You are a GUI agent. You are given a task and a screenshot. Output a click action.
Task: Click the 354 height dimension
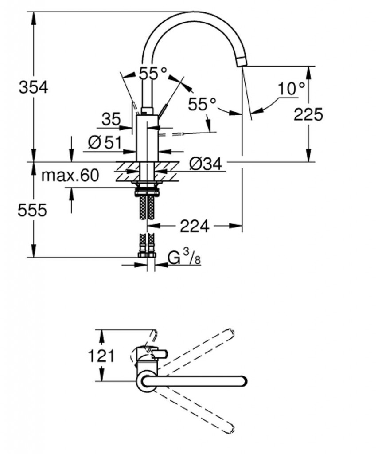33,87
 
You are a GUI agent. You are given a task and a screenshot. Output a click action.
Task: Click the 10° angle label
291,88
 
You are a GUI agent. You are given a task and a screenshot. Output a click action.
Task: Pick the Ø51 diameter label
105,142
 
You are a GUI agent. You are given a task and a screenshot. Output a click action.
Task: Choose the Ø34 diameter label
206,164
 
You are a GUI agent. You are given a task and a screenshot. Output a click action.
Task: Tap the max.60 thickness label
70,176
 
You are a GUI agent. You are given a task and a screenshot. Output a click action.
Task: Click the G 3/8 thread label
184,258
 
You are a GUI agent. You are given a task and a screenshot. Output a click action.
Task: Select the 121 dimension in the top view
101,356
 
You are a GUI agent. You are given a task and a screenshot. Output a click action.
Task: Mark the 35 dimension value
111,119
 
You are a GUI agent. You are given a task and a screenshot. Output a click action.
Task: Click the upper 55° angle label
153,73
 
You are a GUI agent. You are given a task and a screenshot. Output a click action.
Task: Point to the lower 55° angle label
202,104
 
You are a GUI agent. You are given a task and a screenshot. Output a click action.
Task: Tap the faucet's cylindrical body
147,138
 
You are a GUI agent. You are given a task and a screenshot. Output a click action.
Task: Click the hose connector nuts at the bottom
147,255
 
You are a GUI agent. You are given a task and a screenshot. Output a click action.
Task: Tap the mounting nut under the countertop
147,192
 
